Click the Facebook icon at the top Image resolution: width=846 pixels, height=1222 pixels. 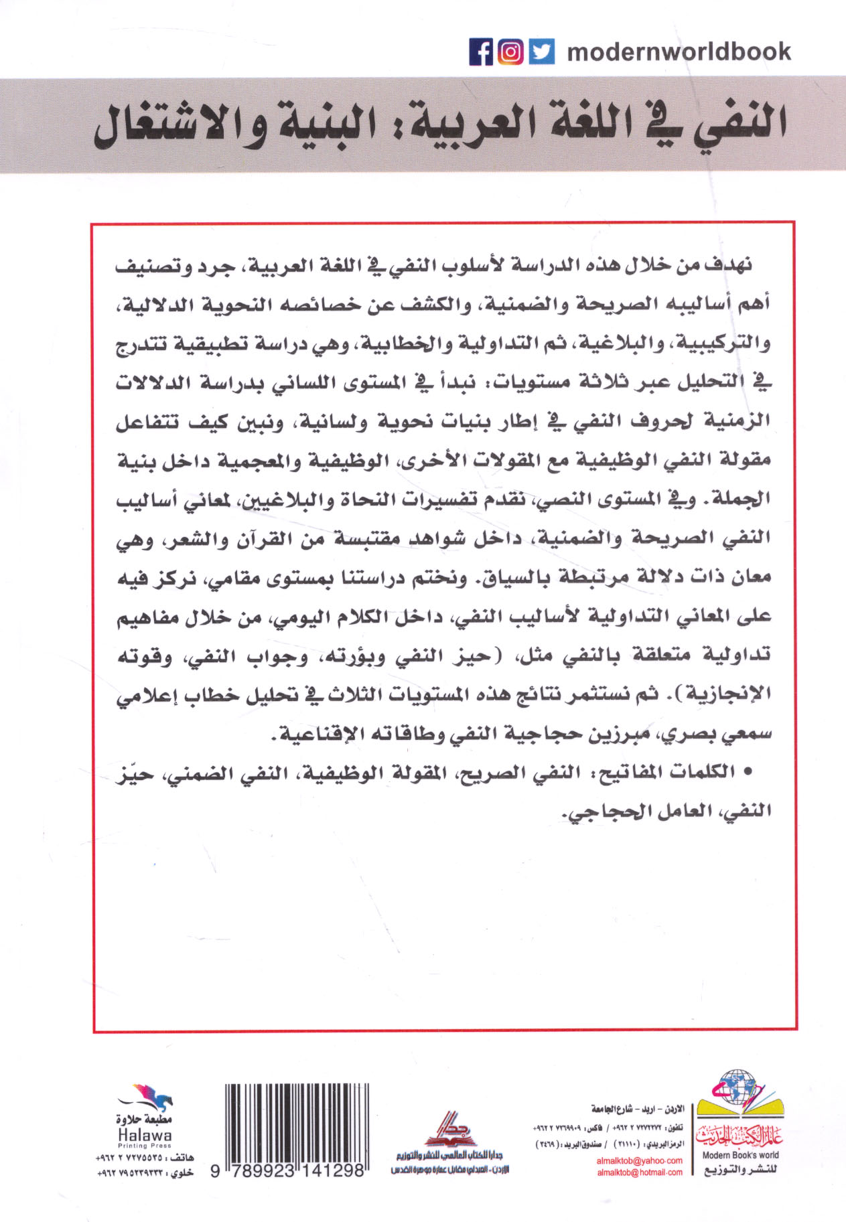[x=481, y=52]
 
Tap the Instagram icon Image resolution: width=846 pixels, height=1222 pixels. [x=510, y=52]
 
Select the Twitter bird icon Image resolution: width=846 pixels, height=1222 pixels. [x=541, y=52]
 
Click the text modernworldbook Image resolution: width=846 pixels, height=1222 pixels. [x=679, y=52]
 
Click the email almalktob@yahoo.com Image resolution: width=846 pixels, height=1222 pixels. [x=640, y=1160]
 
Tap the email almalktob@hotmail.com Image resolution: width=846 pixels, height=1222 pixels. [x=640, y=1172]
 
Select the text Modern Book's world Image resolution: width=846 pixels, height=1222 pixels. [x=739, y=1155]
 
